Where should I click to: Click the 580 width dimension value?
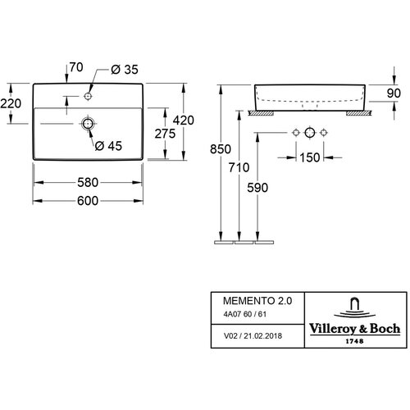[x=88, y=182]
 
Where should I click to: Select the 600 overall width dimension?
[x=88, y=201]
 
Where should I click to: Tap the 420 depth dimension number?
[x=184, y=121]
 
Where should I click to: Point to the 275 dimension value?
[x=165, y=134]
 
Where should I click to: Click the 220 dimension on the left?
[x=11, y=103]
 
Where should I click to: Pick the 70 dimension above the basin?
[x=76, y=67]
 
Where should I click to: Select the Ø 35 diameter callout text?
[x=125, y=70]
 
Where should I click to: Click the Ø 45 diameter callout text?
[x=108, y=146]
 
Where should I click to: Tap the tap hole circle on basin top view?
[x=88, y=96]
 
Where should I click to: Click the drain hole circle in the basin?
[x=88, y=124]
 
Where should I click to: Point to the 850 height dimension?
[x=221, y=149]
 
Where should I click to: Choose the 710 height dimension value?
[x=239, y=167]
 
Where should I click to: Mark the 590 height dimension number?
[x=257, y=188]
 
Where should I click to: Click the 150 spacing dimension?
[x=309, y=157]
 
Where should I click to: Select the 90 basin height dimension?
[x=394, y=93]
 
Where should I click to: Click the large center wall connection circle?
[x=310, y=133]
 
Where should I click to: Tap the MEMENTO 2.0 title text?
[x=257, y=301]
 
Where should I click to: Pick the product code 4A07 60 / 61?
[x=245, y=314]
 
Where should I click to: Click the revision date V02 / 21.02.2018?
[x=253, y=335]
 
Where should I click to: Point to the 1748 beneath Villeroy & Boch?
[x=354, y=341]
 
